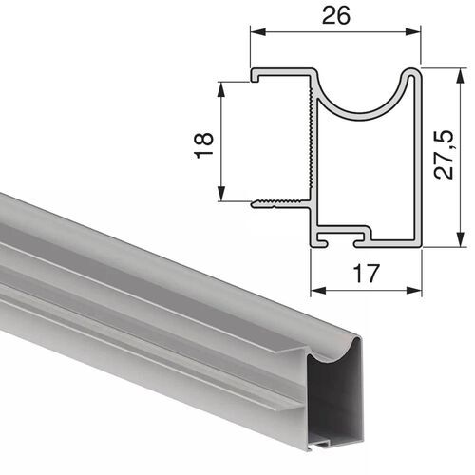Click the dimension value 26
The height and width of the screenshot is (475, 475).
(335, 15)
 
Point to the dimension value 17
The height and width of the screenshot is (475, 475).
(367, 274)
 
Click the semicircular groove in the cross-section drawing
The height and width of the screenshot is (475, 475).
(365, 95)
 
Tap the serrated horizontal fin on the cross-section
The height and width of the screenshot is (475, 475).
(280, 202)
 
